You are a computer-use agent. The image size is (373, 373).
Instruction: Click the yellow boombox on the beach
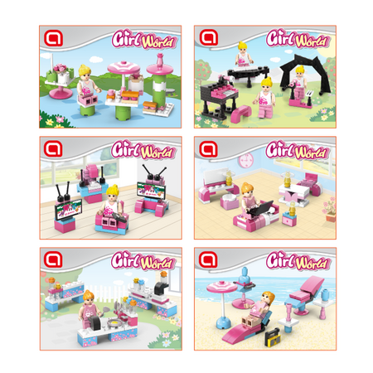tap(273, 337)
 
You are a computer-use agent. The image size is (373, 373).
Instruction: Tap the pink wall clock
tap(246, 161)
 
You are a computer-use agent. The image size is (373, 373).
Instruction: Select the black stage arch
tap(305, 74)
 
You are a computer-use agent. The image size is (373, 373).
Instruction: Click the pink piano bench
tap(241, 112)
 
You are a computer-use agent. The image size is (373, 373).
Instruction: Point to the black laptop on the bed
tap(261, 207)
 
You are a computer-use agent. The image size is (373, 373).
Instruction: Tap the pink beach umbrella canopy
tap(222, 287)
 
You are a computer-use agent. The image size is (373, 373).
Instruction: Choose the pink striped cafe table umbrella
tap(124, 68)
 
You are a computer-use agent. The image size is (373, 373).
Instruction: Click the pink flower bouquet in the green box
tap(61, 68)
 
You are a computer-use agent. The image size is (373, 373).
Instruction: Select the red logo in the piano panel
tap(209, 37)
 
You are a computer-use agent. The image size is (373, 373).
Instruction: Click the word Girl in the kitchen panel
tap(124, 260)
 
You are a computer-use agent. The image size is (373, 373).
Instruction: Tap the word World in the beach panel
tap(312, 263)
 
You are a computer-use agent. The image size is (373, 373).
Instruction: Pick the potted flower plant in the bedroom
tap(330, 209)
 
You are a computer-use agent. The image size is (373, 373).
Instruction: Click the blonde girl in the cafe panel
tap(88, 84)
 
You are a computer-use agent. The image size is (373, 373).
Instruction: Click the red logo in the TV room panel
tap(53, 148)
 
